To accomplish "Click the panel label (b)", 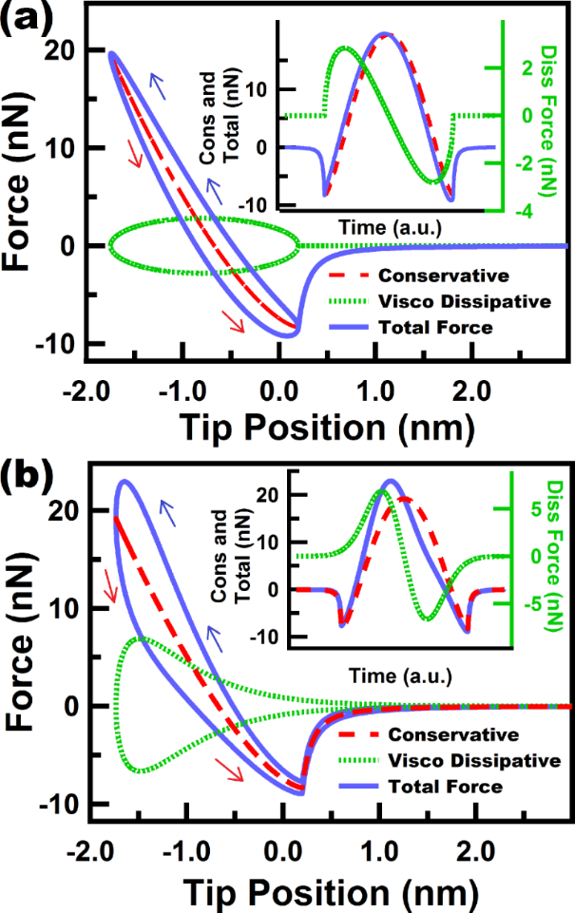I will point(20,470).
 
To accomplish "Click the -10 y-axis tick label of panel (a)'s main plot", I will point(56,343).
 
